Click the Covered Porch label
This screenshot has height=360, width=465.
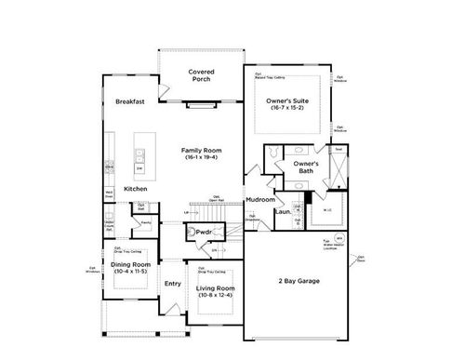point(202,75)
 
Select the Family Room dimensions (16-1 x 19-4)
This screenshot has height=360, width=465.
point(200,157)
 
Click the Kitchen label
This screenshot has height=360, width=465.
point(136,189)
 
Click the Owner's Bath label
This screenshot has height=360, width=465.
point(306,167)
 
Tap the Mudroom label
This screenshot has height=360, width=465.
point(259,199)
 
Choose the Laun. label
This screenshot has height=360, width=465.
point(282,211)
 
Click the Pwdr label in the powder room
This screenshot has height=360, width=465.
point(206,232)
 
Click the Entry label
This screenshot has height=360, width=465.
point(173,284)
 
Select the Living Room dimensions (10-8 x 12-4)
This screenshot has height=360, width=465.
point(215,296)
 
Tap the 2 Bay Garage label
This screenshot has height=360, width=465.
point(299,280)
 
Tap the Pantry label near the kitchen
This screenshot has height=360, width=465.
point(146,222)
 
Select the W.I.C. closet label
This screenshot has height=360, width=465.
point(327,209)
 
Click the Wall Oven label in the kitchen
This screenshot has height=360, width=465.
point(109,195)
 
